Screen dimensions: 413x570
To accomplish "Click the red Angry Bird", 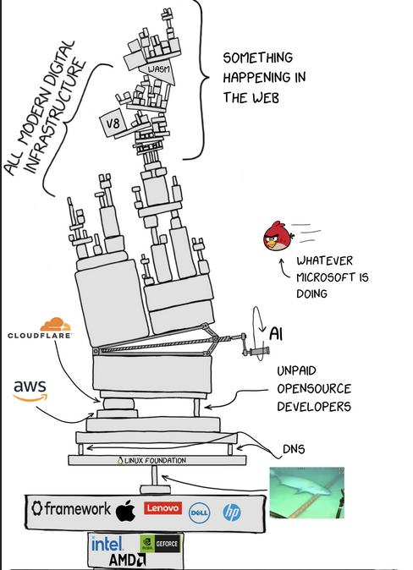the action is pyautogui.click(x=278, y=236).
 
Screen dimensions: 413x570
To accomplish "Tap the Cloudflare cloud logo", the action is pyautogui.click(x=55, y=324).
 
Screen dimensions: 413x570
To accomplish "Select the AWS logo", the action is pyautogui.click(x=30, y=391).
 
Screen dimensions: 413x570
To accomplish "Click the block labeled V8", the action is pyautogui.click(x=113, y=123).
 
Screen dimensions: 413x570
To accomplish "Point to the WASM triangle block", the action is pyautogui.click(x=159, y=71).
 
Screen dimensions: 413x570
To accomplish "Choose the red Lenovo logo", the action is pyautogui.click(x=162, y=507).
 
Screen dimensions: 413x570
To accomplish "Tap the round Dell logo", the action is pyautogui.click(x=200, y=513).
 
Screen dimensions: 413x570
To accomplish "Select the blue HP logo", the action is pyautogui.click(x=232, y=512).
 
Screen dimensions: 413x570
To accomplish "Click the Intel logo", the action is pyautogui.click(x=107, y=544).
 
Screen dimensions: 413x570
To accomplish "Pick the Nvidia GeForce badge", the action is pyautogui.click(x=160, y=544).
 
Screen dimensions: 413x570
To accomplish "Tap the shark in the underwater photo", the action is pyautogui.click(x=305, y=486).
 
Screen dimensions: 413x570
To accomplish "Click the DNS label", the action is pyautogui.click(x=294, y=449).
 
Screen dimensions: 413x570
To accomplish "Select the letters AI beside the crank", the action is pyautogui.click(x=276, y=334).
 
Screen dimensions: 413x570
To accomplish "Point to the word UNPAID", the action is pyautogui.click(x=296, y=370).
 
